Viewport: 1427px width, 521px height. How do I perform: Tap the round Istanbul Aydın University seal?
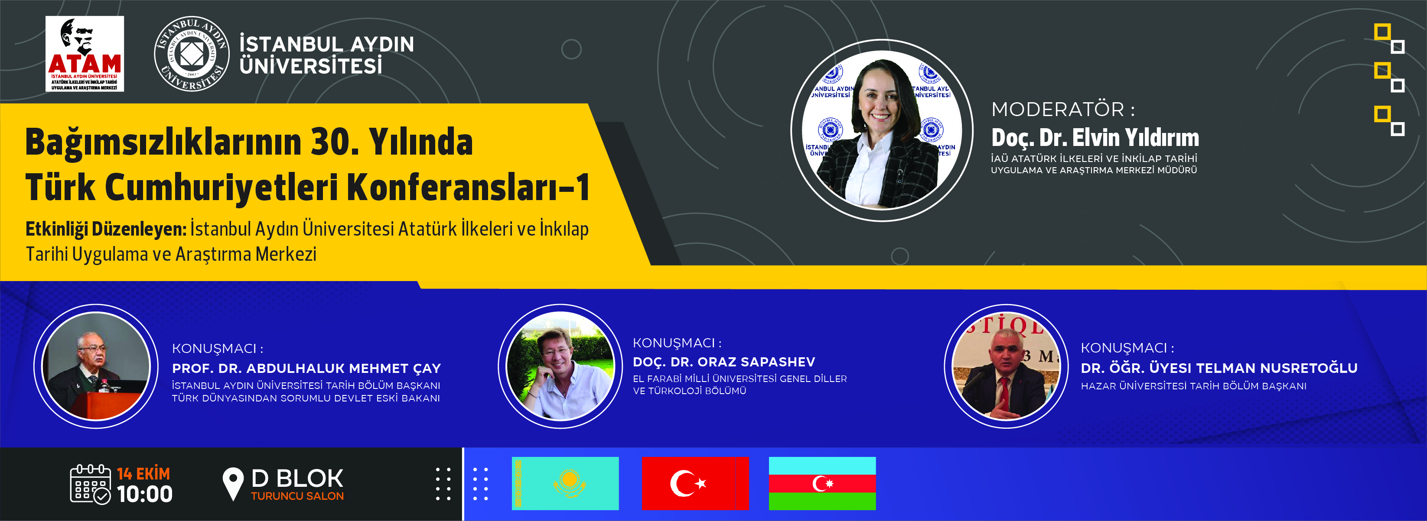pyautogui.click(x=192, y=54)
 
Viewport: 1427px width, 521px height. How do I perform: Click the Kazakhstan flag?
pyautogui.click(x=565, y=483)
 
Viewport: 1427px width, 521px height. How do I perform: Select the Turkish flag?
pyautogui.click(x=695, y=483)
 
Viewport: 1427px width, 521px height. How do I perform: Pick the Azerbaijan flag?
pyautogui.click(x=822, y=483)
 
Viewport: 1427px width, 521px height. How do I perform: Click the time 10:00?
pyautogui.click(x=145, y=494)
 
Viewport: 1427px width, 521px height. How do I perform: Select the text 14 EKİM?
pyautogui.click(x=143, y=474)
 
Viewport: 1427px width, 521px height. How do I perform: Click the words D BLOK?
pyautogui.click(x=297, y=479)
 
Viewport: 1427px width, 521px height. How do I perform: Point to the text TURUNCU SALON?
pyautogui.click(x=297, y=496)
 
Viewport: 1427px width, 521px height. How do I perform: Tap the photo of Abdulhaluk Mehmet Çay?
pyautogui.click(x=96, y=366)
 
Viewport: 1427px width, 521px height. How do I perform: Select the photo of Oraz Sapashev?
pyautogui.click(x=560, y=366)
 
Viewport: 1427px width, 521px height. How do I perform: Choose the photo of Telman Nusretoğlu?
pyautogui.click(x=1006, y=366)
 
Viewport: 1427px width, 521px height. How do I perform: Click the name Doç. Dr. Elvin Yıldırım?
pyautogui.click(x=1095, y=137)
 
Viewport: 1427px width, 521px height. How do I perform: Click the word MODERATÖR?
pyautogui.click(x=1058, y=109)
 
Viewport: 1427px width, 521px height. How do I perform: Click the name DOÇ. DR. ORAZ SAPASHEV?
pyautogui.click(x=724, y=362)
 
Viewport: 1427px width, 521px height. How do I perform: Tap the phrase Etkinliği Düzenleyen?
pyautogui.click(x=106, y=229)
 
